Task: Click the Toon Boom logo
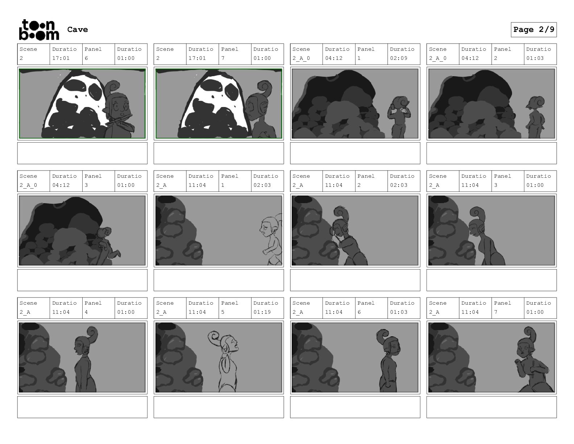click(39, 30)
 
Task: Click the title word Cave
click(78, 29)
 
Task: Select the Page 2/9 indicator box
click(533, 30)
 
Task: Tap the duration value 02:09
click(399, 58)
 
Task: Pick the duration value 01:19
click(262, 312)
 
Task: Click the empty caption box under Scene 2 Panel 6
click(82, 153)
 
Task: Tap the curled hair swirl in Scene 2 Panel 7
click(265, 89)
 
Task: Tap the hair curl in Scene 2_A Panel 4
click(92, 334)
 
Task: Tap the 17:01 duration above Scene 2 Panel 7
click(197, 58)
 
